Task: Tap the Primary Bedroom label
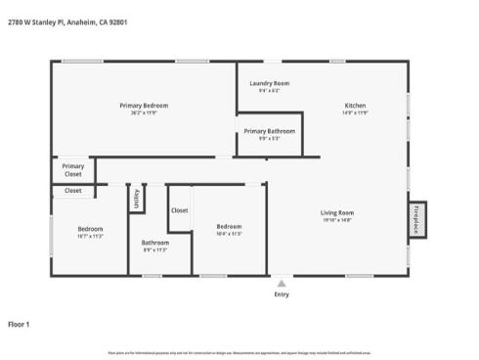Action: point(144,106)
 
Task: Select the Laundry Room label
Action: point(269,84)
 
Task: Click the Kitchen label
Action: point(355,106)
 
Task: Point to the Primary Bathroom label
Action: point(269,131)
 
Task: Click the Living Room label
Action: point(337,212)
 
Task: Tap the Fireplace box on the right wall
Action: point(417,220)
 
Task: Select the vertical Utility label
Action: point(137,199)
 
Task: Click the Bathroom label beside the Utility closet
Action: point(155,243)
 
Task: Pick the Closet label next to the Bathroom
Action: point(180,210)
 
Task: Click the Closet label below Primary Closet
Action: point(73,191)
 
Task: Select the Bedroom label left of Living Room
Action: point(229,227)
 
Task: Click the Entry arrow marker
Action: point(283,281)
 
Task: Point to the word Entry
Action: point(283,293)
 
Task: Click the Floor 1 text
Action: point(20,323)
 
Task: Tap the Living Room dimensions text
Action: point(337,220)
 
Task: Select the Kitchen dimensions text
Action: point(355,113)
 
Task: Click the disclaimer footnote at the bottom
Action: point(239,352)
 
